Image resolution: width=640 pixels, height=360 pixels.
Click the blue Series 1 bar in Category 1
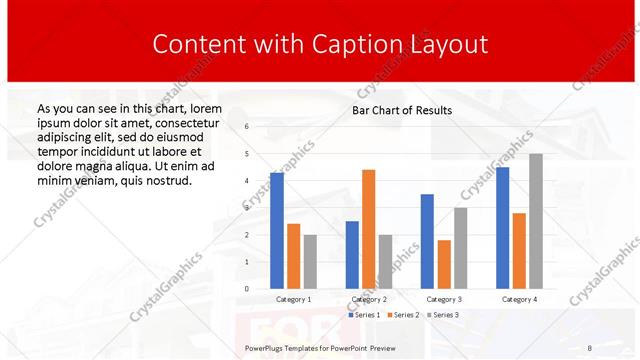[277, 231]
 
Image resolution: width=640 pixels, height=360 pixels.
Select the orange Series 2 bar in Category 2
[368, 229]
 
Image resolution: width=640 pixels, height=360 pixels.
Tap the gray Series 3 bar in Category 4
[536, 221]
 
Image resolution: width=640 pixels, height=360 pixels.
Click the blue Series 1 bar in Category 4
[502, 228]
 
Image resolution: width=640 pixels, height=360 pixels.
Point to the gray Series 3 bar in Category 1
[311, 262]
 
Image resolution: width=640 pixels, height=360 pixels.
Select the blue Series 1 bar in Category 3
[427, 241]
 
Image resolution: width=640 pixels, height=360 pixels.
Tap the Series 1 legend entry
[364, 315]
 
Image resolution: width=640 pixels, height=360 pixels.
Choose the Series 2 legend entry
[402, 315]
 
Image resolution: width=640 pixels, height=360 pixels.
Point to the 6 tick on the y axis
[247, 126]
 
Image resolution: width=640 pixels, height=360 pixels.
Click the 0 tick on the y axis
[247, 289]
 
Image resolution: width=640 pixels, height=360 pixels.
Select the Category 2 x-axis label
[369, 299]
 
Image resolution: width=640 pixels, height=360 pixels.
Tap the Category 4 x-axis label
[519, 299]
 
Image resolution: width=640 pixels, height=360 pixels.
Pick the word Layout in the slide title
[449, 44]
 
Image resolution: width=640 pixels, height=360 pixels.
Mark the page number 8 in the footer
[589, 346]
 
